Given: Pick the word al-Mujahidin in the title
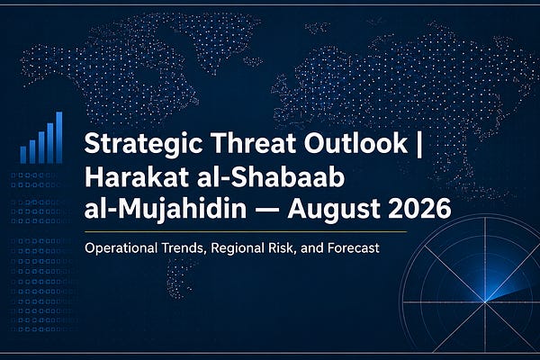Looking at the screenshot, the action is [x=166, y=210].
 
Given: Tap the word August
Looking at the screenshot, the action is [x=334, y=210].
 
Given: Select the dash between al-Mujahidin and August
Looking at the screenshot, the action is [x=267, y=210].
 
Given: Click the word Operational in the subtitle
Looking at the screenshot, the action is [x=121, y=248].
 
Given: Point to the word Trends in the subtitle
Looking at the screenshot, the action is [x=184, y=248].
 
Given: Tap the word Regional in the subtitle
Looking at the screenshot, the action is [x=237, y=248].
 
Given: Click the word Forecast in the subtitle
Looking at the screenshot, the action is [x=354, y=248].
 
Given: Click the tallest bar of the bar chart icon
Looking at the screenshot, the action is [x=58, y=137].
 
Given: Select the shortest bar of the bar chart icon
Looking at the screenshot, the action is [x=23, y=155].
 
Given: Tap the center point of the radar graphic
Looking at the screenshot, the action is [x=485, y=302].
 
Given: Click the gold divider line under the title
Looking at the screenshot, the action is [x=246, y=232].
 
